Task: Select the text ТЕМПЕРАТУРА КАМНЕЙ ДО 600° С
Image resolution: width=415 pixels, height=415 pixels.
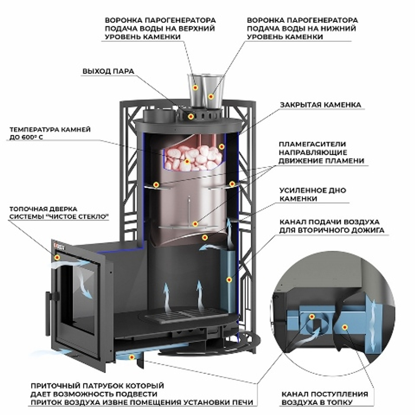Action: (x=50, y=134)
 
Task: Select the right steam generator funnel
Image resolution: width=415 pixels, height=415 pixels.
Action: (x=213, y=89)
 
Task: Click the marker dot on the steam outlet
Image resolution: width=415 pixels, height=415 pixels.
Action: (x=190, y=116)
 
